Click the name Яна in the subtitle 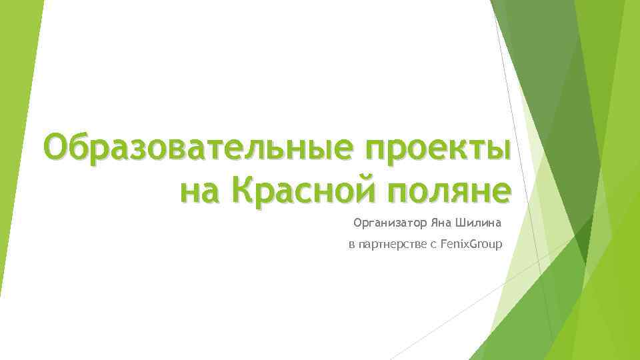[440, 222]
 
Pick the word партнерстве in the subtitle [392, 246]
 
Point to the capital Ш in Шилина [459, 222]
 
